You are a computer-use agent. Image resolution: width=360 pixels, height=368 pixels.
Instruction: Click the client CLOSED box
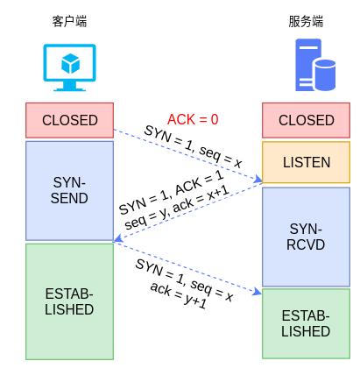click(70, 120)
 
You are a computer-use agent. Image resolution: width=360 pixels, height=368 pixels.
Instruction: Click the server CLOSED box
click(306, 120)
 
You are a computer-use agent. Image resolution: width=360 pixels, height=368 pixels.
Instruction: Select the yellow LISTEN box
click(306, 163)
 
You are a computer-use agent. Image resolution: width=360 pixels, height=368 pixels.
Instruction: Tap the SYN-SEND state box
click(70, 190)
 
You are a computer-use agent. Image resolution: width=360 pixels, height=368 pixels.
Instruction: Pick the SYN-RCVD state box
click(306, 237)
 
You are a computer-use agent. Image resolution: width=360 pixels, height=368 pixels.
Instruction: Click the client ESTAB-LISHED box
click(70, 301)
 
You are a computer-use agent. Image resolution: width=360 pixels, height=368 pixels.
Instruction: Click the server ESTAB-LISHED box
click(306, 323)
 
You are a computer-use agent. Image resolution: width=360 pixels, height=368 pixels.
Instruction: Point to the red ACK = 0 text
click(193, 119)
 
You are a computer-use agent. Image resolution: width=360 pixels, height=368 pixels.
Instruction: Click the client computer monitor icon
click(70, 66)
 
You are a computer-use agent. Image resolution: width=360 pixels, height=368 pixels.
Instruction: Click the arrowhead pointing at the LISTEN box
click(258, 181)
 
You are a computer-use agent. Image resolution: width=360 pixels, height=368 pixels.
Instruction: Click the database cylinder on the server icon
click(325, 74)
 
